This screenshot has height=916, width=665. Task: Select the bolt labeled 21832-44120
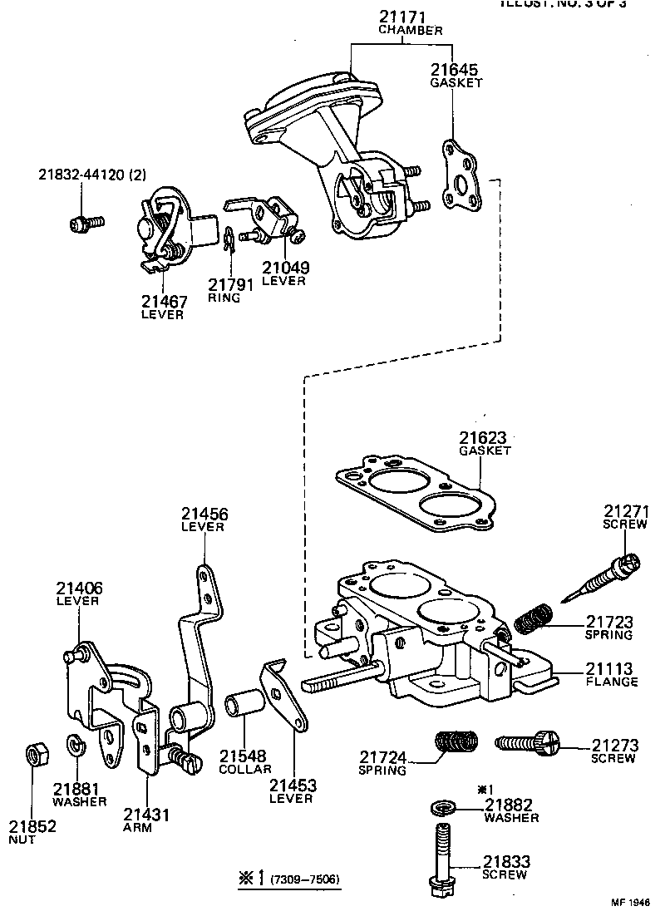[x=82, y=223]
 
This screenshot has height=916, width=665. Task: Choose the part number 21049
[x=285, y=268]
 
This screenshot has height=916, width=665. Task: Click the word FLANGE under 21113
[x=610, y=682]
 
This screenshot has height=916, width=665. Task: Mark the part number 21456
[x=204, y=515]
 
